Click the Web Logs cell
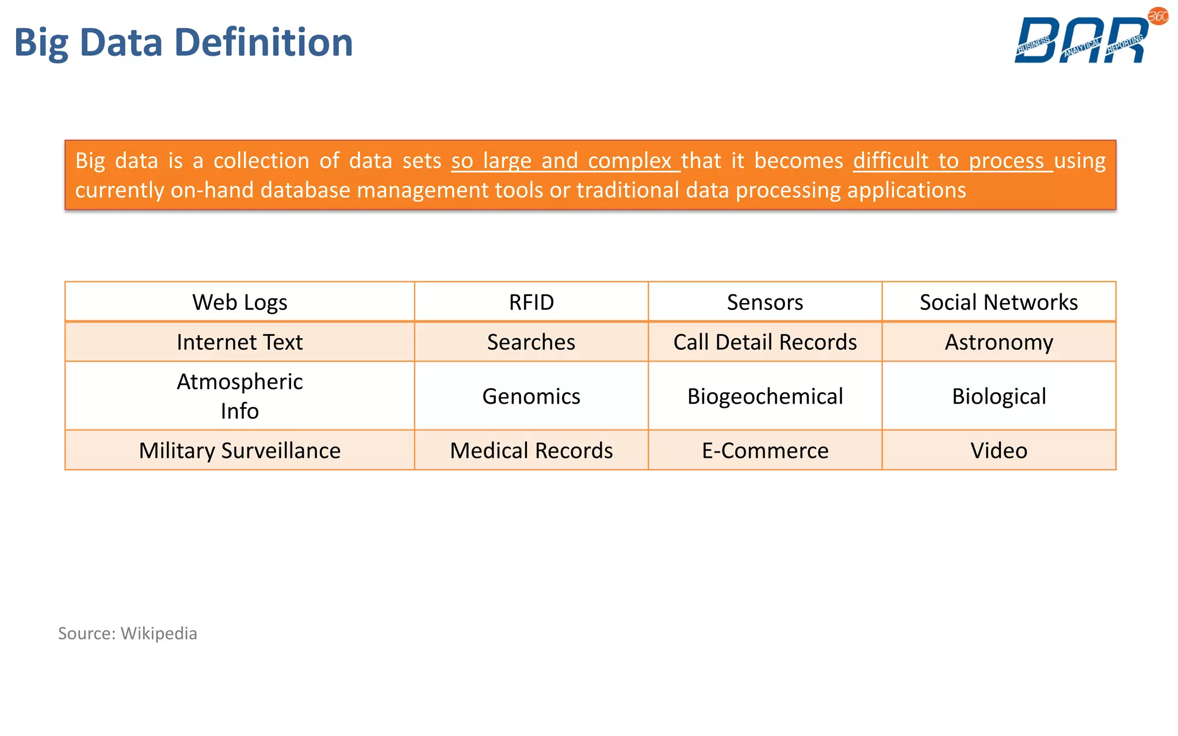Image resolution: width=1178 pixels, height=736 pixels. [239, 302]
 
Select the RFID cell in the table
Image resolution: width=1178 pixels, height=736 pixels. [531, 302]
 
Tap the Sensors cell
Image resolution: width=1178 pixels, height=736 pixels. [764, 302]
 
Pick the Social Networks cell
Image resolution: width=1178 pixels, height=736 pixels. [999, 302]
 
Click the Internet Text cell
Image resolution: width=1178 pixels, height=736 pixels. [239, 342]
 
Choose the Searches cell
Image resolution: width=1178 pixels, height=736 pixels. [531, 342]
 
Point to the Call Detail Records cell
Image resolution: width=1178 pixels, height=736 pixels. [764, 342]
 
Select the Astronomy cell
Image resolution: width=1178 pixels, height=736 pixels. [999, 342]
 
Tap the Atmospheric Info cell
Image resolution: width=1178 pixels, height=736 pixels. [239, 396]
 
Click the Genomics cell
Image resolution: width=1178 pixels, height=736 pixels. [531, 396]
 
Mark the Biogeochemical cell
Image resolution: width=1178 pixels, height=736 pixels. [764, 396]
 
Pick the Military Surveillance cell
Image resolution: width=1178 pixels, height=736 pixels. [239, 450]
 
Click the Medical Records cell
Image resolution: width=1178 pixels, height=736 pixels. [531, 450]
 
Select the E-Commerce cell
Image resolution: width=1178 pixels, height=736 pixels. [764, 450]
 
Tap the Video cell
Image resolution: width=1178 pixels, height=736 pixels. [999, 450]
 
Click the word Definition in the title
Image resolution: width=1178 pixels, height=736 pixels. [263, 43]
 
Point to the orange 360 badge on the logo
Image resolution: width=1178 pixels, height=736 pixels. [1158, 16]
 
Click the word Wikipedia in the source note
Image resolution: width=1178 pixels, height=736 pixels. [159, 633]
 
